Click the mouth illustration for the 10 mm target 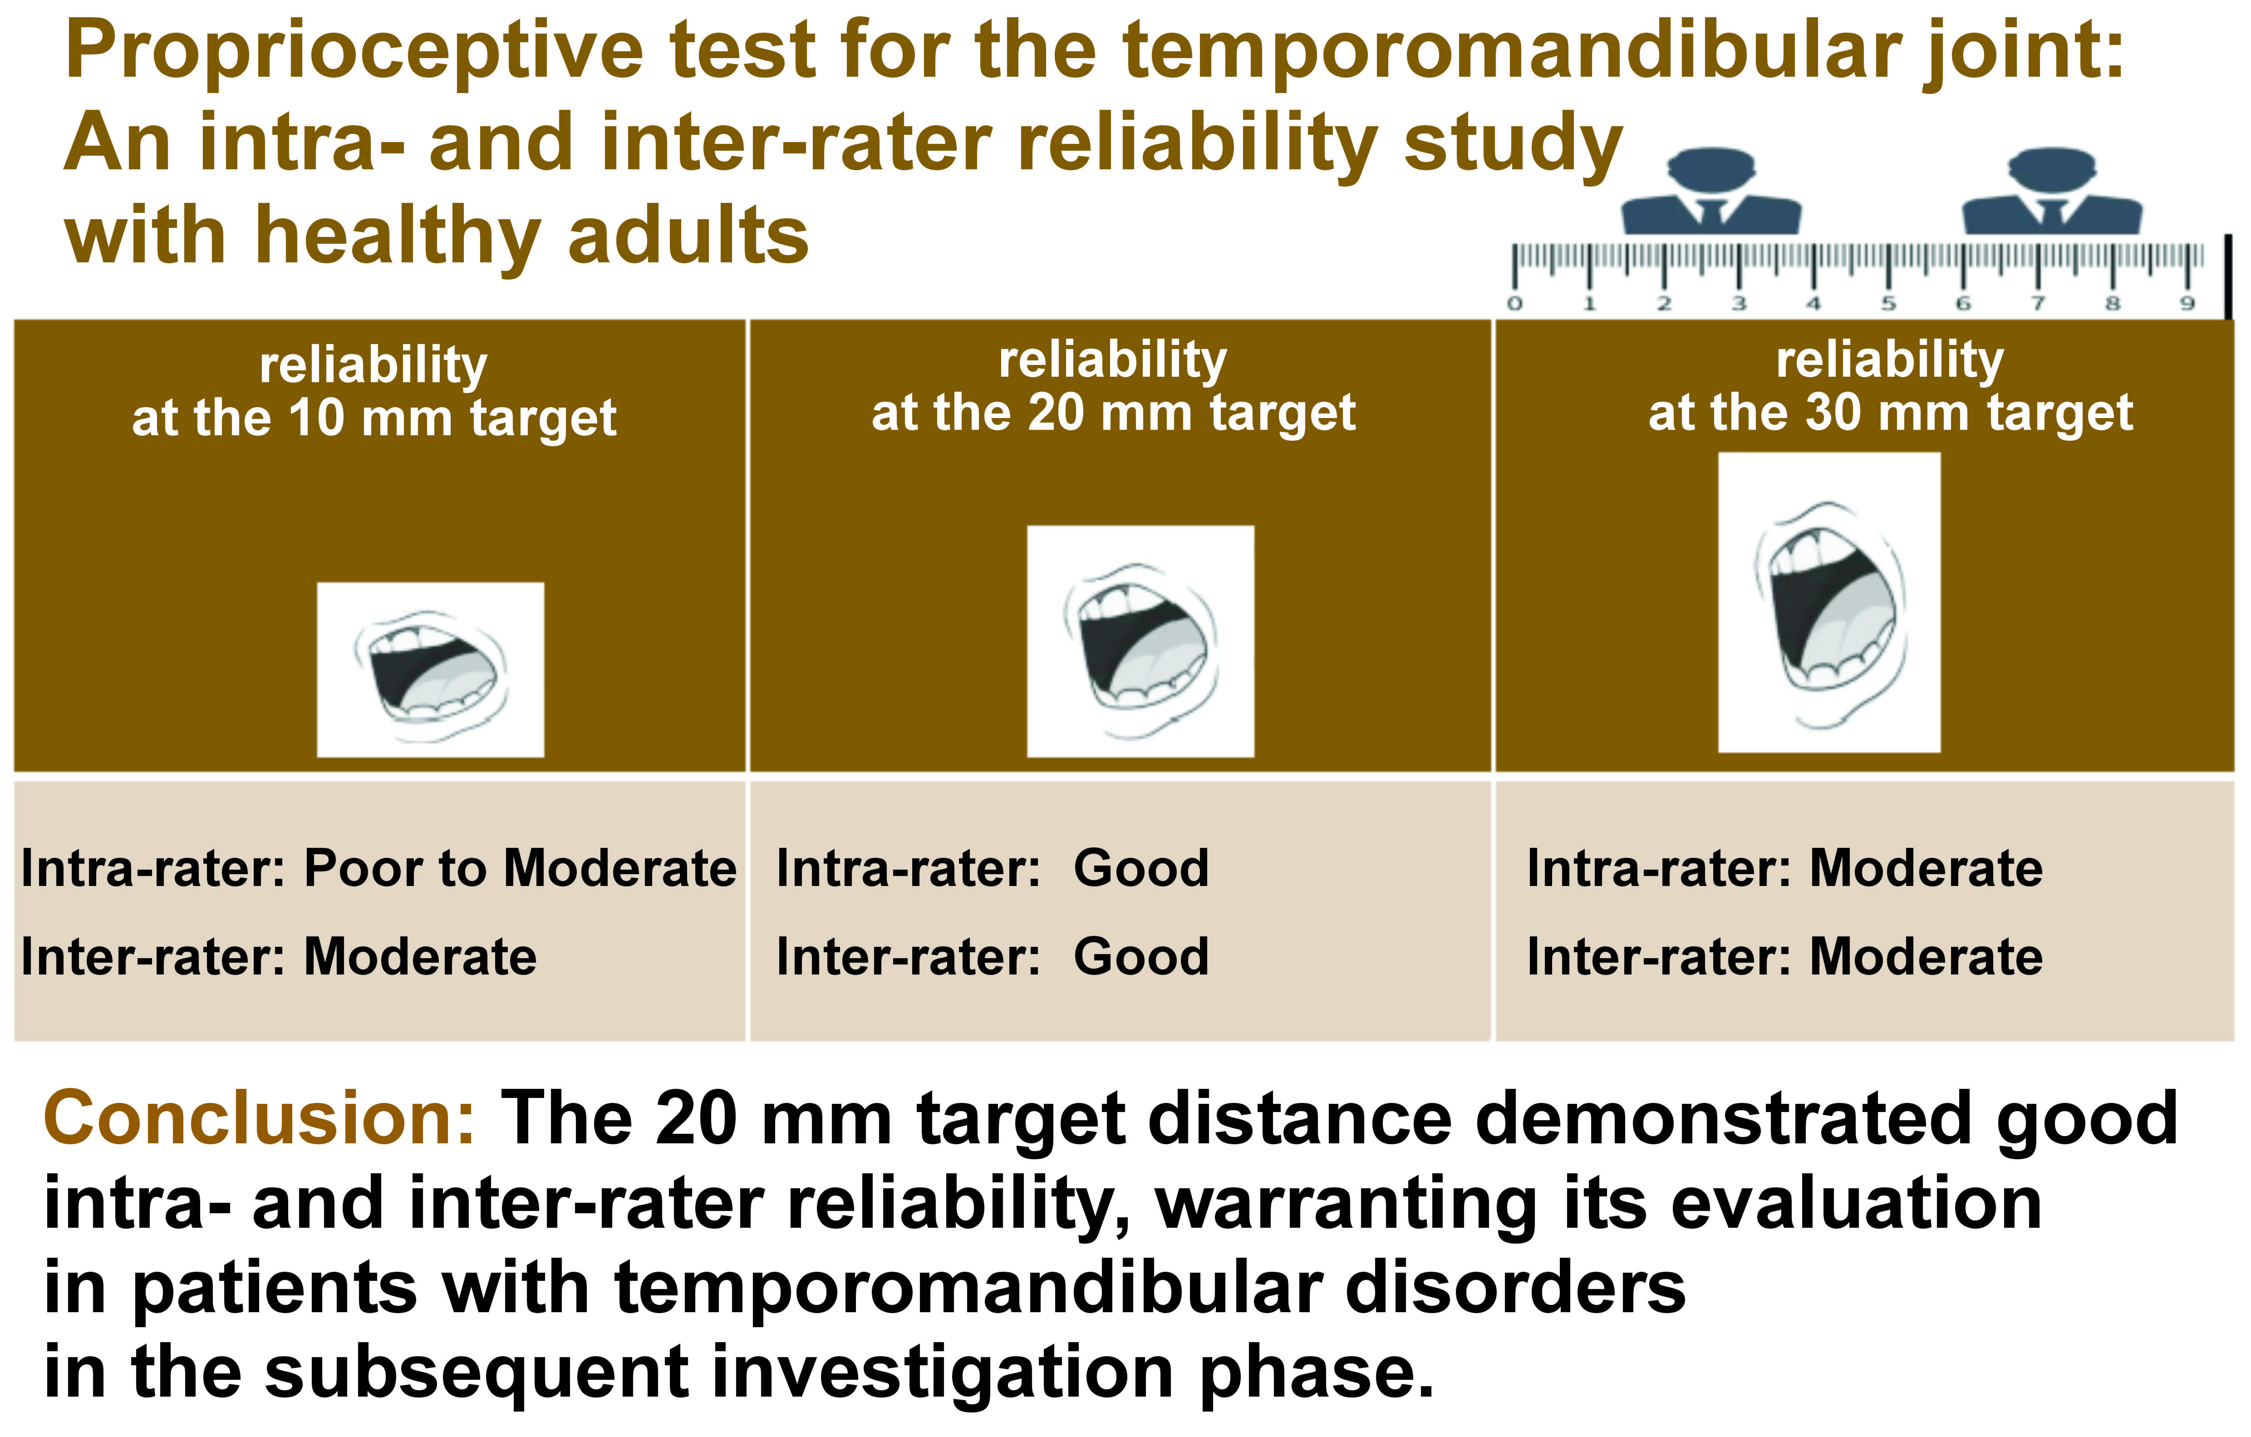pyautogui.click(x=430, y=669)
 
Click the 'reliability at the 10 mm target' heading pyautogui.click(x=374, y=391)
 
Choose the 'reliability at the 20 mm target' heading pyautogui.click(x=1112, y=386)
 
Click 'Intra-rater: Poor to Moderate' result pyautogui.click(x=378, y=869)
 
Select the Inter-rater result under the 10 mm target pyautogui.click(x=279, y=957)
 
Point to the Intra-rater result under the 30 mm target pyautogui.click(x=1784, y=869)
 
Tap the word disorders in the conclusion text pyautogui.click(x=1514, y=1288)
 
